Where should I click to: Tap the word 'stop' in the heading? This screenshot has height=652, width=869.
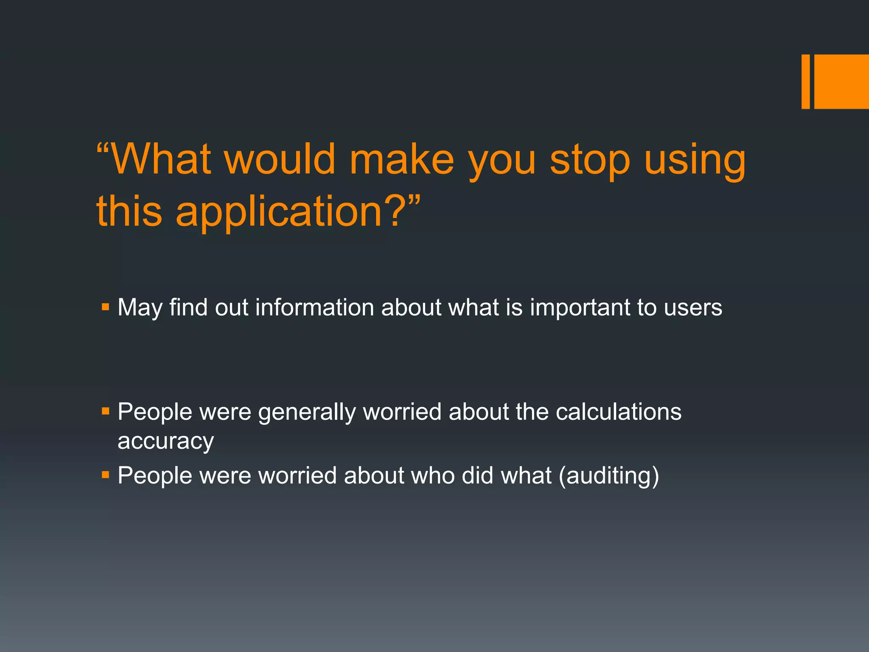[x=590, y=161]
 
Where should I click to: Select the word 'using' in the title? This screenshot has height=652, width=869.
[x=695, y=161]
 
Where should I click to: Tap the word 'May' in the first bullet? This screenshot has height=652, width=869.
[x=140, y=308]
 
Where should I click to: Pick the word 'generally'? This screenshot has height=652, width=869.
[x=307, y=413]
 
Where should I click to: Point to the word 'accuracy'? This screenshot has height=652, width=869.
[x=165, y=441]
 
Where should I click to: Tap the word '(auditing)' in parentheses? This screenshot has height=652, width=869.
[x=609, y=475]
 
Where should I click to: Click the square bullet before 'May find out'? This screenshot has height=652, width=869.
[x=106, y=306]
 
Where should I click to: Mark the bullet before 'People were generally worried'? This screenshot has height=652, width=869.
[x=106, y=411]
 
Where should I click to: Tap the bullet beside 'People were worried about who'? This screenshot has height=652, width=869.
[x=106, y=474]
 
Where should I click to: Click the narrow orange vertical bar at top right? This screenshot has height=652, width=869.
[x=805, y=81]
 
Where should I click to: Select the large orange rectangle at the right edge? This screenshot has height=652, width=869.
[x=841, y=81]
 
